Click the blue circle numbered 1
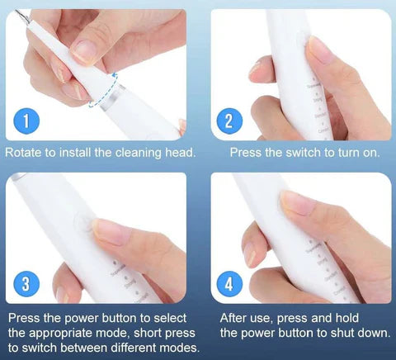click(x=29, y=122)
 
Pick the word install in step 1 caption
click(x=82, y=153)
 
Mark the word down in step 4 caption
click(x=364, y=332)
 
